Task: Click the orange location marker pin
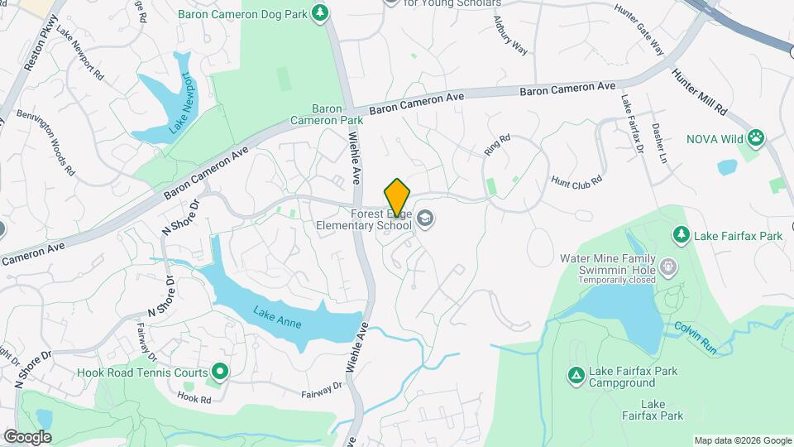(397, 196)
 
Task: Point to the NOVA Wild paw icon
(756, 138)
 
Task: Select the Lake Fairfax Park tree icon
(681, 235)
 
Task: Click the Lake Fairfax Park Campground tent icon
(576, 377)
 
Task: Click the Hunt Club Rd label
(576, 180)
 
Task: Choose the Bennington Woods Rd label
(45, 143)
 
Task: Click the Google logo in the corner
(27, 437)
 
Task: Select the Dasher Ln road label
(658, 143)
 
